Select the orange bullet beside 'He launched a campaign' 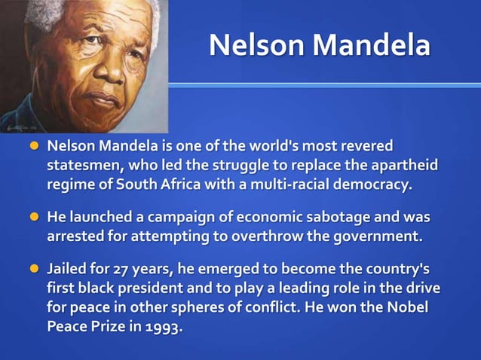pos(34,218)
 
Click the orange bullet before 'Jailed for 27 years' pos(34,270)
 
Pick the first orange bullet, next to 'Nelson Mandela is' pos(34,145)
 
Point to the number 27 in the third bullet pos(126,270)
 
